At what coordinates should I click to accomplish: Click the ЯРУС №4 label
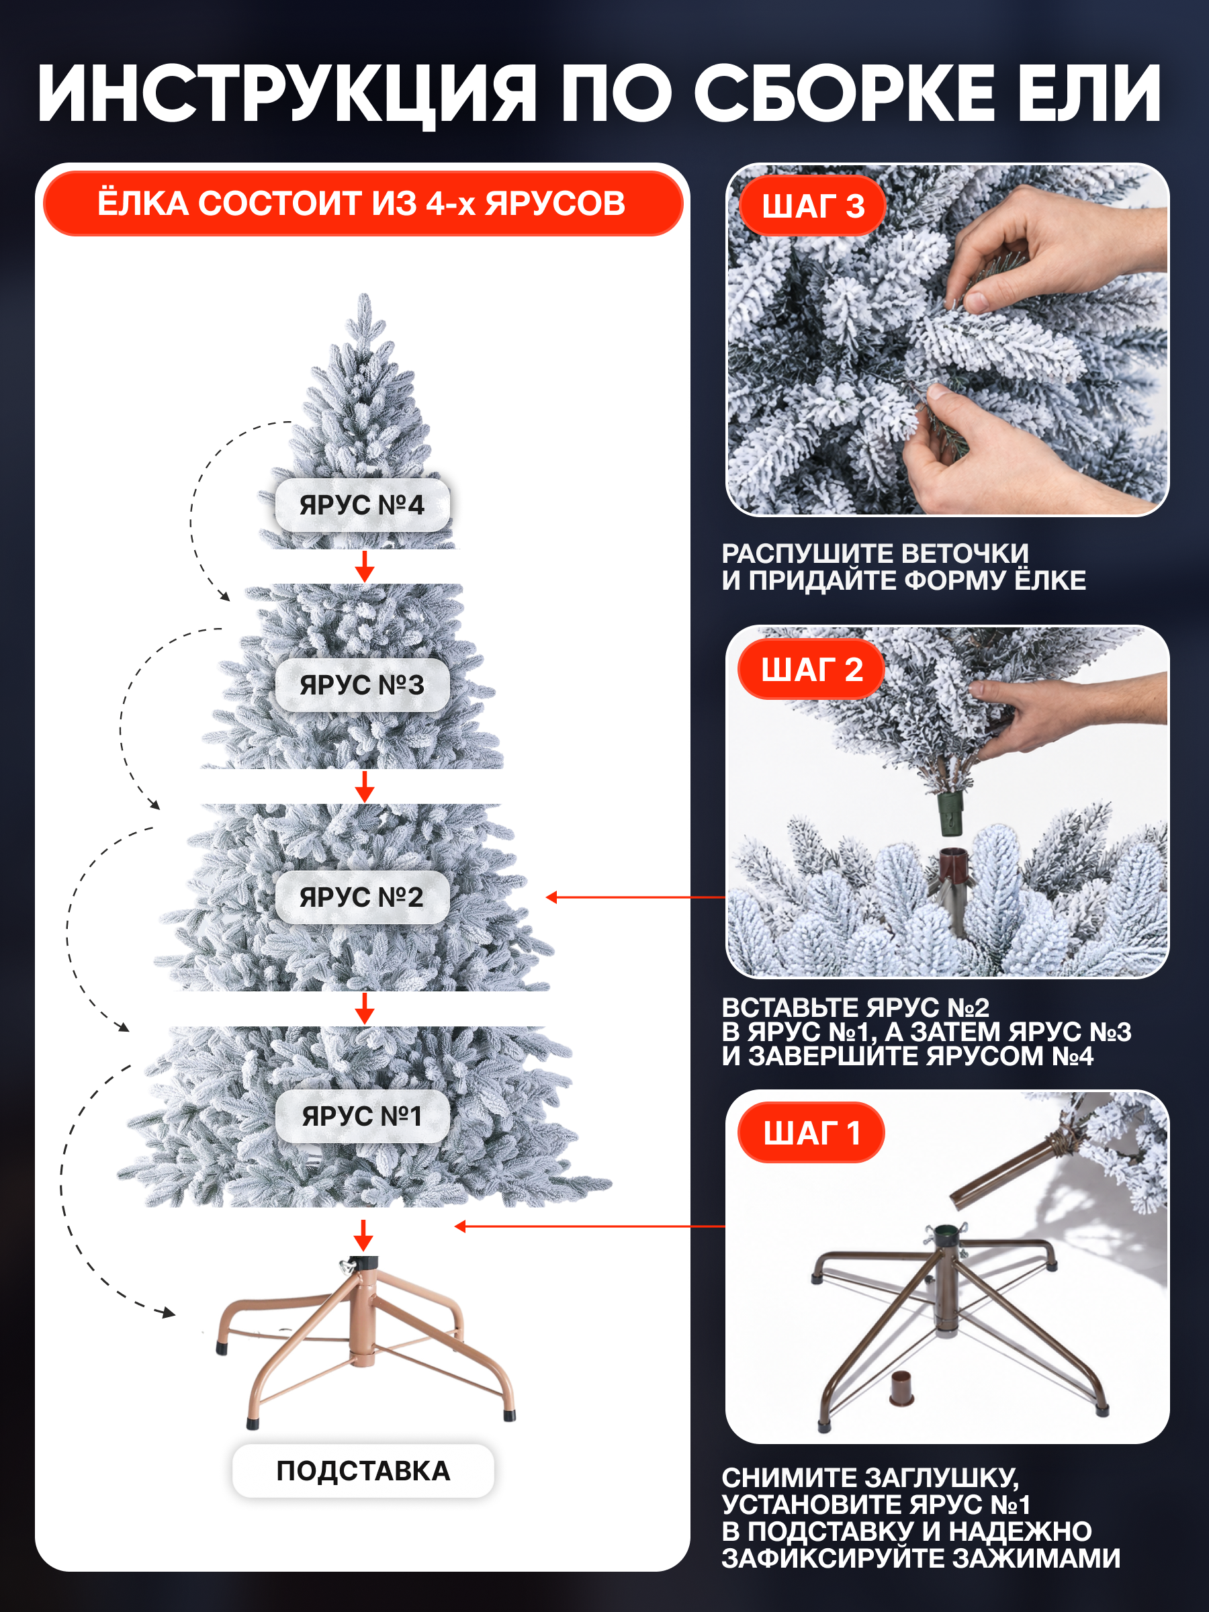(362, 505)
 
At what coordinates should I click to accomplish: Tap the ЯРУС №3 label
(362, 685)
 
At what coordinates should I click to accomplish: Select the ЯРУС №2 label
(362, 897)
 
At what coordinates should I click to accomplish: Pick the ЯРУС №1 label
(362, 1116)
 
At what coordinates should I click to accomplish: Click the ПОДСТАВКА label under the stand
(363, 1471)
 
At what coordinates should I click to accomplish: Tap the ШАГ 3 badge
(813, 206)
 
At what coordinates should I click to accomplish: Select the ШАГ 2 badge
(812, 670)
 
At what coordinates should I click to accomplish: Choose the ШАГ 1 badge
(812, 1133)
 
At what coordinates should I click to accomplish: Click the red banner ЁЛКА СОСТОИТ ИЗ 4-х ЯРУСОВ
(362, 204)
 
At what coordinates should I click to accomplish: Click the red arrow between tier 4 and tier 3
(364, 566)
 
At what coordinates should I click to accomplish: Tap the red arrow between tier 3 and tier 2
(364, 787)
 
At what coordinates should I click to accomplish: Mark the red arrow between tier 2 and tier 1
(364, 1008)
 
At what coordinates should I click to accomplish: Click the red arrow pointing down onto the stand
(363, 1236)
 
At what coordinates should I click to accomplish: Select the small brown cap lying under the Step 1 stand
(901, 1388)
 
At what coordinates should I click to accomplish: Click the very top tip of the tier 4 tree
(364, 294)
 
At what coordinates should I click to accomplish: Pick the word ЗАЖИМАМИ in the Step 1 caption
(1036, 1558)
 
